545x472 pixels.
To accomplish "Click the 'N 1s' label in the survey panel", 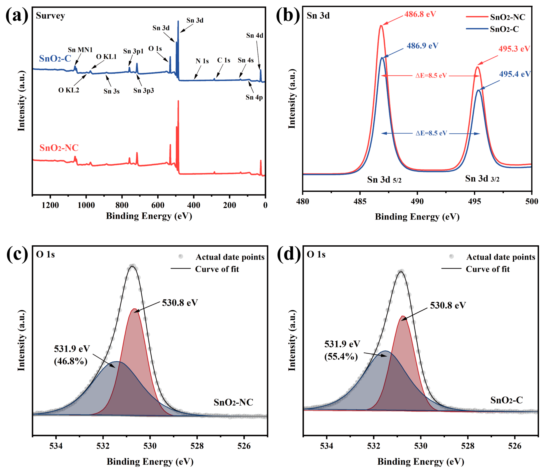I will pyautogui.click(x=202, y=61).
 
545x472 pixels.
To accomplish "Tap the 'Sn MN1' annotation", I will pyautogui.click(x=80, y=50).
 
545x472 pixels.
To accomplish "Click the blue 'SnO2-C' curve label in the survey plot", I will pyautogui.click(x=55, y=58).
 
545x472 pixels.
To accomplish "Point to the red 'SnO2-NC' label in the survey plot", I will pyautogui.click(x=59, y=148).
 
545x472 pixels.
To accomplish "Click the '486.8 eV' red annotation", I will pyautogui.click(x=420, y=14).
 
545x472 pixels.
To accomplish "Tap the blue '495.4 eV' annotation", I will pyautogui.click(x=515, y=74).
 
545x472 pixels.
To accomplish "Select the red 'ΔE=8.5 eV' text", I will pyautogui.click(x=431, y=76).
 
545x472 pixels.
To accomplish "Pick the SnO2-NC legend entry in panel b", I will pyautogui.click(x=507, y=17).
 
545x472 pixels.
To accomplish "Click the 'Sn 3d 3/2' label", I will pyautogui.click(x=482, y=179).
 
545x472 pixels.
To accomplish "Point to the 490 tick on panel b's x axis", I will pyautogui.click(x=417, y=202).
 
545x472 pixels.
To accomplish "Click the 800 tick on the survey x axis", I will pyautogui.click(x=122, y=205).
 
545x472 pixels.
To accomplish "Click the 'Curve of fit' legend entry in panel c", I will pyautogui.click(x=217, y=269).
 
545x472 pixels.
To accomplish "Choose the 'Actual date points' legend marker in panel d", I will pyautogui.click(x=451, y=256).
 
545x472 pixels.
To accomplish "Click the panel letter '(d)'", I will pyautogui.click(x=289, y=254).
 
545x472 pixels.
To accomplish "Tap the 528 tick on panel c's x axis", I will pyautogui.click(x=197, y=446).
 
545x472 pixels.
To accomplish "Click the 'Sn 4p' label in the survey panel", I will pyautogui.click(x=254, y=97).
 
